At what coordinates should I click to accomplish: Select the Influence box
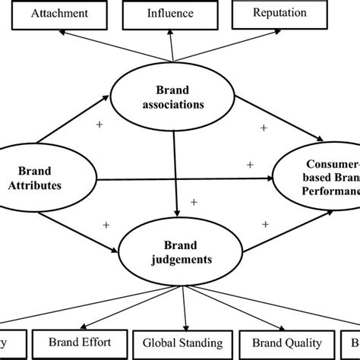[x=171, y=14]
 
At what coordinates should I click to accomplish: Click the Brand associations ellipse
[x=176, y=98]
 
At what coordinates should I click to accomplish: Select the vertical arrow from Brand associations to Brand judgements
[x=176, y=178]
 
